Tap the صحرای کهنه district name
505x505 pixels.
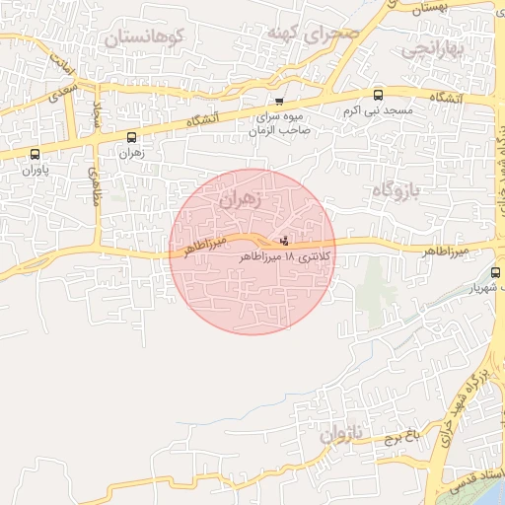click(x=312, y=32)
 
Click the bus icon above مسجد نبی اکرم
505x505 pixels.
click(x=379, y=96)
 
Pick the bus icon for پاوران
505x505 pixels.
click(x=36, y=155)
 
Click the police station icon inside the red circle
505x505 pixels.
click(x=285, y=240)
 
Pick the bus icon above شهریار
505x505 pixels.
click(x=494, y=272)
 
